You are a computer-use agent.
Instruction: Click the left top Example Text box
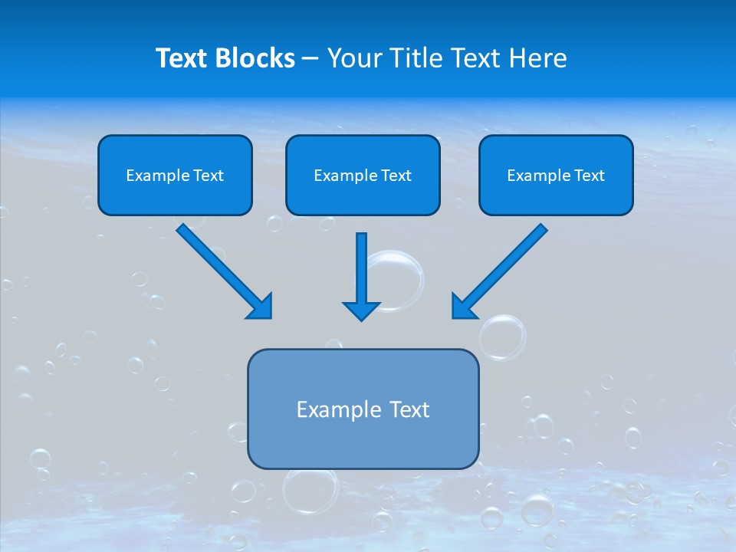coord(175,176)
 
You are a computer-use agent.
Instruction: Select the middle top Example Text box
coord(363,176)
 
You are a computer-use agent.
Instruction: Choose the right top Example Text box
coord(556,176)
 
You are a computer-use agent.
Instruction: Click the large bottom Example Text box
coord(363,409)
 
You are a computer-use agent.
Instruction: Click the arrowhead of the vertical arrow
coord(362,310)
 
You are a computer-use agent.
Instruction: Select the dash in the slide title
coord(310,58)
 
